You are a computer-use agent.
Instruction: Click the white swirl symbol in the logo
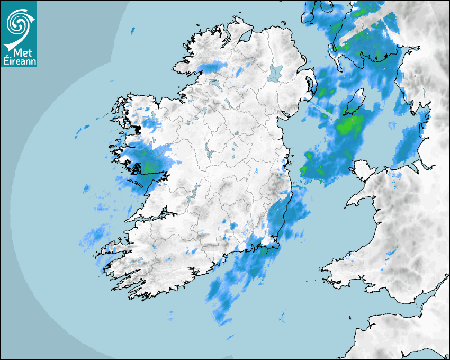coord(18,24)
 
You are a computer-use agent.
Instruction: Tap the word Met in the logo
coord(19,53)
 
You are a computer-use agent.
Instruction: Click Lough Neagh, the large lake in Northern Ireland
coord(276,73)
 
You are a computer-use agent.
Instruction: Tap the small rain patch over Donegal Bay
coord(212,67)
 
